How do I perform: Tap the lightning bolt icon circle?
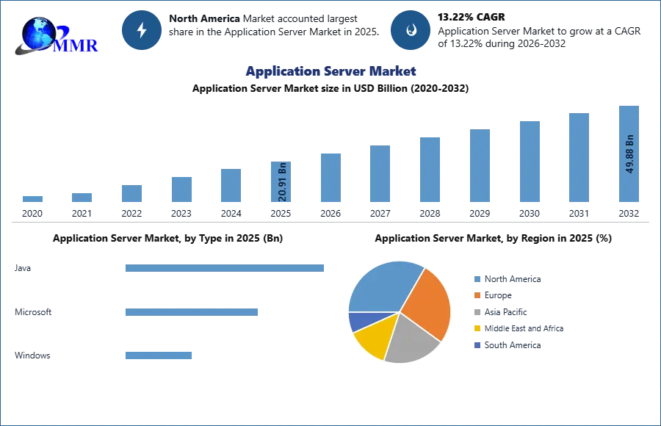pos(142,30)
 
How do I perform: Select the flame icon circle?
pos(411,30)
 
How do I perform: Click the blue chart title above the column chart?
pos(330,71)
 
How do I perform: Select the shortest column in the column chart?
pos(32,200)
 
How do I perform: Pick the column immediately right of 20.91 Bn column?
pos(329,178)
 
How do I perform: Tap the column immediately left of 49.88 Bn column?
pos(579,158)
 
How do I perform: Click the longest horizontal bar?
pos(225,270)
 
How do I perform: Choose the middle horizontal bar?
pos(191,311)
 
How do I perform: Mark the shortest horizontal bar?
pos(159,355)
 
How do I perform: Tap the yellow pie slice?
pos(372,339)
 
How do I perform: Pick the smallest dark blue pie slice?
pos(358,321)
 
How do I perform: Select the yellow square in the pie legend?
pos(477,328)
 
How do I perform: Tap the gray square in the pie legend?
pos(477,311)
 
